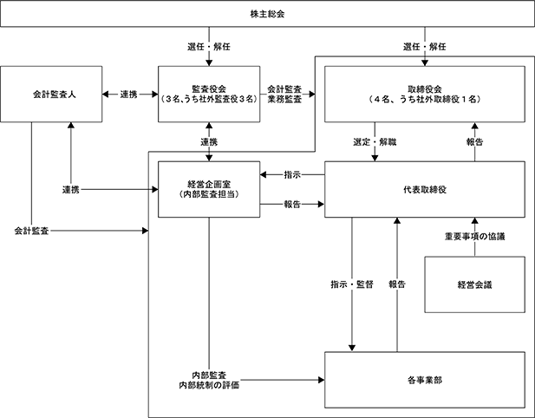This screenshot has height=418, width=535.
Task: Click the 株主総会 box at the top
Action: [267, 14]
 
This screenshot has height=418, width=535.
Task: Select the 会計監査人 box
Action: [51, 95]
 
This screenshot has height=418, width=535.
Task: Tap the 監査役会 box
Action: [209, 95]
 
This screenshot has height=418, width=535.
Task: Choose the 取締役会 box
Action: [425, 95]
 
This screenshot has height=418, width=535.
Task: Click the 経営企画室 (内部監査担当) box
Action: [209, 189]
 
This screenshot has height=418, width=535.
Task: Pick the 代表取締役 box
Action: [425, 189]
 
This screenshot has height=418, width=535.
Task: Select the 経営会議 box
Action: [474, 284]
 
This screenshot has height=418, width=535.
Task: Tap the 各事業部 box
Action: [425, 380]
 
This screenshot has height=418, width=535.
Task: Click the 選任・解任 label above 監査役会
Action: [209, 47]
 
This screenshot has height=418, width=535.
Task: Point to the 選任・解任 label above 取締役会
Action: [425, 47]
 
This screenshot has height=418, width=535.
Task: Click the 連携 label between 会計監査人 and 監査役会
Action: [129, 95]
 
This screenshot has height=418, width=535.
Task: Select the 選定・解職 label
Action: [375, 142]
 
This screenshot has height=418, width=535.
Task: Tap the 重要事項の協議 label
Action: [474, 237]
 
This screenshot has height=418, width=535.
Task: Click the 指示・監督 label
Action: [352, 284]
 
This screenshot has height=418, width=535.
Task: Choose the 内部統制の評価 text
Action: [209, 385]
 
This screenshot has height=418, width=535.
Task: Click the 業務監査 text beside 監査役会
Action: [284, 99]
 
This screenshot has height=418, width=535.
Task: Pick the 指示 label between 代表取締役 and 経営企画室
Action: [292, 174]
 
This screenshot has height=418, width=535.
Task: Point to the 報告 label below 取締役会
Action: [474, 142]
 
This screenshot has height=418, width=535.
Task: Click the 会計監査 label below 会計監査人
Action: [31, 231]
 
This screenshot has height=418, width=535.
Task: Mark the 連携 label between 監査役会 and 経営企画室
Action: [209, 142]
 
